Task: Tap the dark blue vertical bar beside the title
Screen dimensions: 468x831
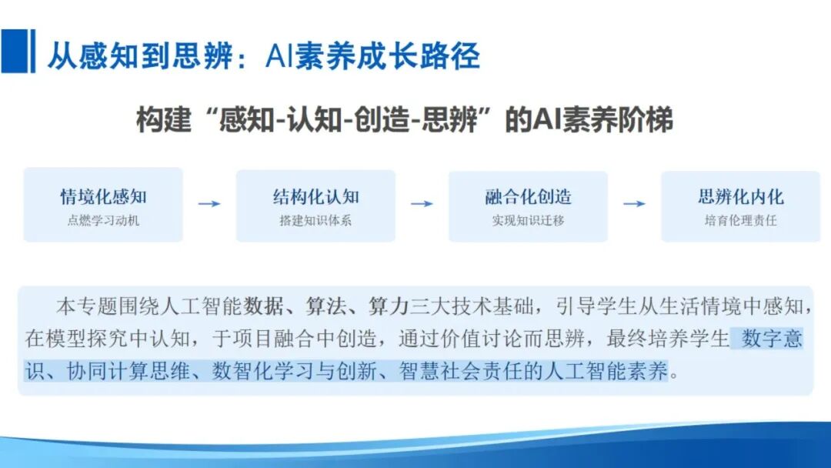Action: pyautogui.click(x=32, y=51)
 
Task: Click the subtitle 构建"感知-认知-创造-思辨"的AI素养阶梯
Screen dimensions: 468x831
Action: pyautogui.click(x=404, y=121)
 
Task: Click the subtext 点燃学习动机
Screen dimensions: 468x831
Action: pyautogui.click(x=103, y=221)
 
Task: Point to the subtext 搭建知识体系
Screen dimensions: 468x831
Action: pyautogui.click(x=315, y=221)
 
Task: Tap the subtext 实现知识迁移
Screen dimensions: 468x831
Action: pyautogui.click(x=528, y=221)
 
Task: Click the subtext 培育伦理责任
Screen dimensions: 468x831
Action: pyautogui.click(x=740, y=221)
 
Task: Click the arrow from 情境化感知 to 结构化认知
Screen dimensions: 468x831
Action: pyautogui.click(x=209, y=203)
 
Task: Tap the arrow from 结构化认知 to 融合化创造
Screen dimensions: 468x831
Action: pyautogui.click(x=422, y=203)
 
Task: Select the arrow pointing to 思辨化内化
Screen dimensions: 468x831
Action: pyautogui.click(x=634, y=203)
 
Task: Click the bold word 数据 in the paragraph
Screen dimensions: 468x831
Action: pyautogui.click(x=262, y=306)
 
